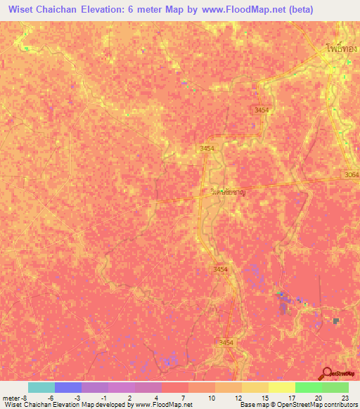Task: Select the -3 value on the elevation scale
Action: [77, 397]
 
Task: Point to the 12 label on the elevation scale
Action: [229, 397]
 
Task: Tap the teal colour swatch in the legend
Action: [41, 387]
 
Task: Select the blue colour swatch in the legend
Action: [67, 387]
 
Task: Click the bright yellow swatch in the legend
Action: [281, 387]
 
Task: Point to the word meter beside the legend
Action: [11, 397]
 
